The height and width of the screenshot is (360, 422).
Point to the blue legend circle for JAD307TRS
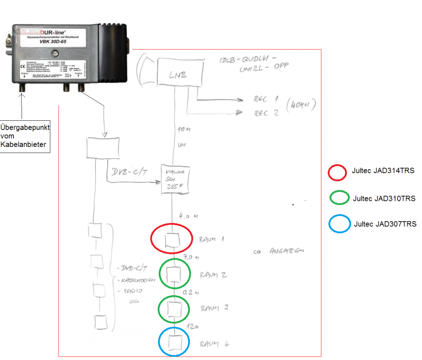coord(338,223)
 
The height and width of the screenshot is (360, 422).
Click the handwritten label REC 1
coord(266,100)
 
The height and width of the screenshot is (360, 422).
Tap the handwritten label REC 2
coord(266,113)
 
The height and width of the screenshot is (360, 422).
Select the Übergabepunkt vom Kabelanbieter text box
coord(25,135)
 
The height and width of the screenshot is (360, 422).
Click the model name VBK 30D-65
coord(53,42)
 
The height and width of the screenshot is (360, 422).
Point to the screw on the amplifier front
coord(54,54)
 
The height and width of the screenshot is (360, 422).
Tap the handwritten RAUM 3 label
coord(214,308)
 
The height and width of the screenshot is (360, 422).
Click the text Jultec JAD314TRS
coord(383,171)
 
